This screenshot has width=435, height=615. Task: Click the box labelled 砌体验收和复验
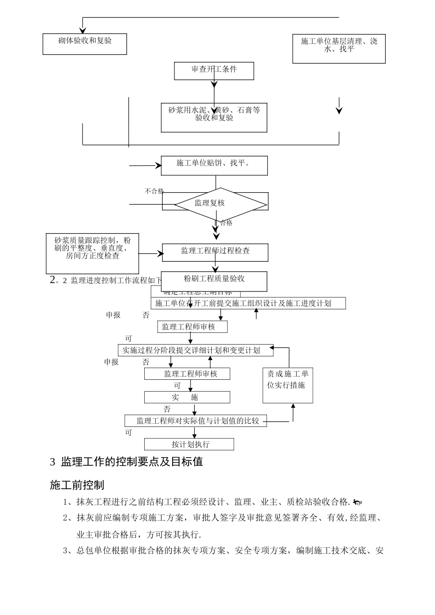click(85, 44)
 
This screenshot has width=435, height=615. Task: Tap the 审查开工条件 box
click(214, 70)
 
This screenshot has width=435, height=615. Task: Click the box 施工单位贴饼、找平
click(214, 165)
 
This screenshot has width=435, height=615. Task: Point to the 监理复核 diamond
click(214, 203)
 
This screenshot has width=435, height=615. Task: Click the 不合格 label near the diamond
click(154, 191)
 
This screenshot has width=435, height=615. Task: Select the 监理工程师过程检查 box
click(215, 252)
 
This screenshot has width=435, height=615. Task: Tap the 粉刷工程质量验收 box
click(214, 281)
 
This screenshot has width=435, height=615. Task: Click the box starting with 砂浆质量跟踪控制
click(92, 253)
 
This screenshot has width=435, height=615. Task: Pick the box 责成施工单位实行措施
click(288, 385)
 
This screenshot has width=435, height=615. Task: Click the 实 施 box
click(187, 397)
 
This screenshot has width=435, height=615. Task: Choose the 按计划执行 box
click(189, 444)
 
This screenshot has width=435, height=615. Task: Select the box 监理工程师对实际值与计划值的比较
click(196, 421)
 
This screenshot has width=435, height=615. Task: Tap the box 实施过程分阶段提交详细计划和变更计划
click(196, 351)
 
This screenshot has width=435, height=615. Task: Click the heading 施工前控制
click(77, 485)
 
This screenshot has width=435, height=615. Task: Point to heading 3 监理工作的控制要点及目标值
click(126, 462)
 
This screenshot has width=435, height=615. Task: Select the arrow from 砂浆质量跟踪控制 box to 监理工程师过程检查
click(150, 253)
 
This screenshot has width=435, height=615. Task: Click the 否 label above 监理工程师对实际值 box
click(167, 409)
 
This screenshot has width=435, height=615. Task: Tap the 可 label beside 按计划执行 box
click(128, 433)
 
